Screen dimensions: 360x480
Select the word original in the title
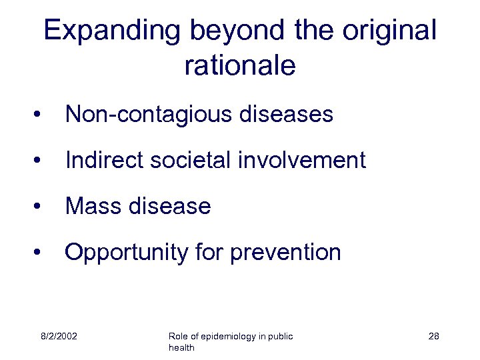(x=391, y=31)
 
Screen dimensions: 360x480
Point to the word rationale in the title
(x=239, y=65)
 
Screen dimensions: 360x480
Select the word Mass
(x=91, y=207)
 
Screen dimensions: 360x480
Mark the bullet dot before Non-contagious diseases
(x=42, y=115)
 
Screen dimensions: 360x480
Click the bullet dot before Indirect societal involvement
(x=42, y=161)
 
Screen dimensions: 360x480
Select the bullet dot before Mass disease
(x=42, y=207)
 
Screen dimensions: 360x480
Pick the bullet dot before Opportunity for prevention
(x=42, y=253)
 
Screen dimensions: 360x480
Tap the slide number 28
(x=433, y=336)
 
